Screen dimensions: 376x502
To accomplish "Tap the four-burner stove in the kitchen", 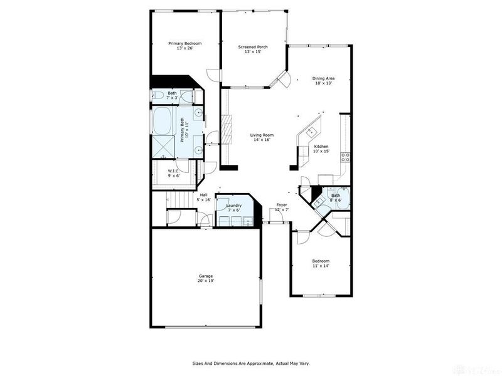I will (344, 157).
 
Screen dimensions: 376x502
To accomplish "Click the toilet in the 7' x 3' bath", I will (157, 96).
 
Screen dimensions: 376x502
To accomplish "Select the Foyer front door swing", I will (280, 216).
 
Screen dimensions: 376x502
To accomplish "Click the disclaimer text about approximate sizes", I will (250, 363).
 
